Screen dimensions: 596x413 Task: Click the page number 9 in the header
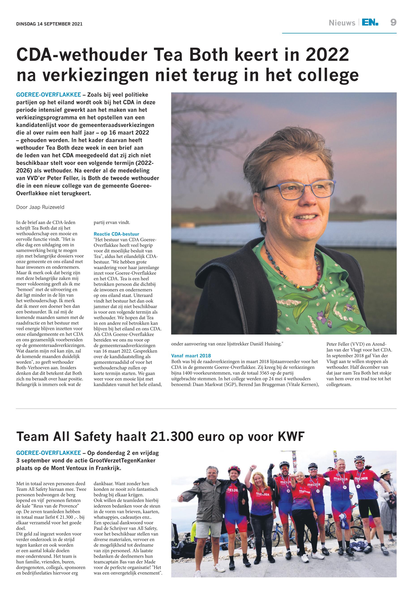pos(393,23)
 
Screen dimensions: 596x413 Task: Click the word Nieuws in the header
pos(342,23)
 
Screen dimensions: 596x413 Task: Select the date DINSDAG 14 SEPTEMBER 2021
pos(49,24)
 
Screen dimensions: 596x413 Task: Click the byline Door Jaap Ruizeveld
pos(40,207)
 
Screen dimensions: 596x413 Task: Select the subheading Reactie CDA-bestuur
pos(116,234)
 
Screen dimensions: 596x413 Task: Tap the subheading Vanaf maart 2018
pos(191,356)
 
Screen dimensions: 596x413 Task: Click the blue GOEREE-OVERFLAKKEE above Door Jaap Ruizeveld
pos(48,95)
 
